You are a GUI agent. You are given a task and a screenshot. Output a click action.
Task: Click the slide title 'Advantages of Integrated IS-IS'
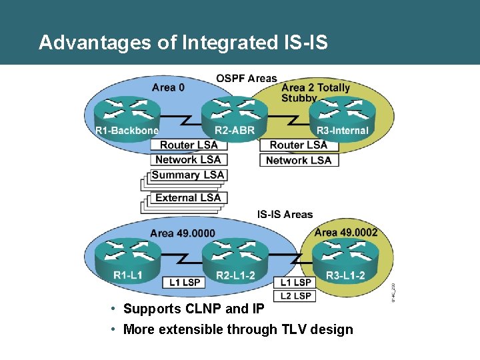click(183, 43)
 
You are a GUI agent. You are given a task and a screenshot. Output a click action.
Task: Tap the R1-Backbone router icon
click(127, 112)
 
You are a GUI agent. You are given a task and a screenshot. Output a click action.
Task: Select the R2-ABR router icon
click(234, 112)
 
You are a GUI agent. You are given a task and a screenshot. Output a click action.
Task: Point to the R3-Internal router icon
click(342, 112)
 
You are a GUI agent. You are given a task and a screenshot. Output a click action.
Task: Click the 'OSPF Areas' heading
click(247, 79)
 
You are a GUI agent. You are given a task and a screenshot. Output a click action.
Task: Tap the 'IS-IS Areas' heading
click(285, 215)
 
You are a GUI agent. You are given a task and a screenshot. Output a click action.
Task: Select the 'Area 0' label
click(164, 87)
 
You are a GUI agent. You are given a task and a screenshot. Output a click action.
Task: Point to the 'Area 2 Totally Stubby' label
click(315, 93)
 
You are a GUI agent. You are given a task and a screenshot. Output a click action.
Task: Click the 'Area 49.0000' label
click(183, 233)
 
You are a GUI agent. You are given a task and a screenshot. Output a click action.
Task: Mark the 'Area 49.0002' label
click(345, 232)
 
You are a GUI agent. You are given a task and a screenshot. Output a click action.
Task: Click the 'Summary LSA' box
click(188, 175)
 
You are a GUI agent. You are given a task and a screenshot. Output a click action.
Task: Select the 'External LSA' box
click(188, 197)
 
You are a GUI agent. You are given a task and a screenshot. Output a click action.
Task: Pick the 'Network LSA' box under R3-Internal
click(298, 160)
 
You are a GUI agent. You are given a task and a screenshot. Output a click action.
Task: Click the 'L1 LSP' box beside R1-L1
click(185, 283)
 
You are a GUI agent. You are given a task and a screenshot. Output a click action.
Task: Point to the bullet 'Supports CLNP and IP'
click(193, 309)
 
